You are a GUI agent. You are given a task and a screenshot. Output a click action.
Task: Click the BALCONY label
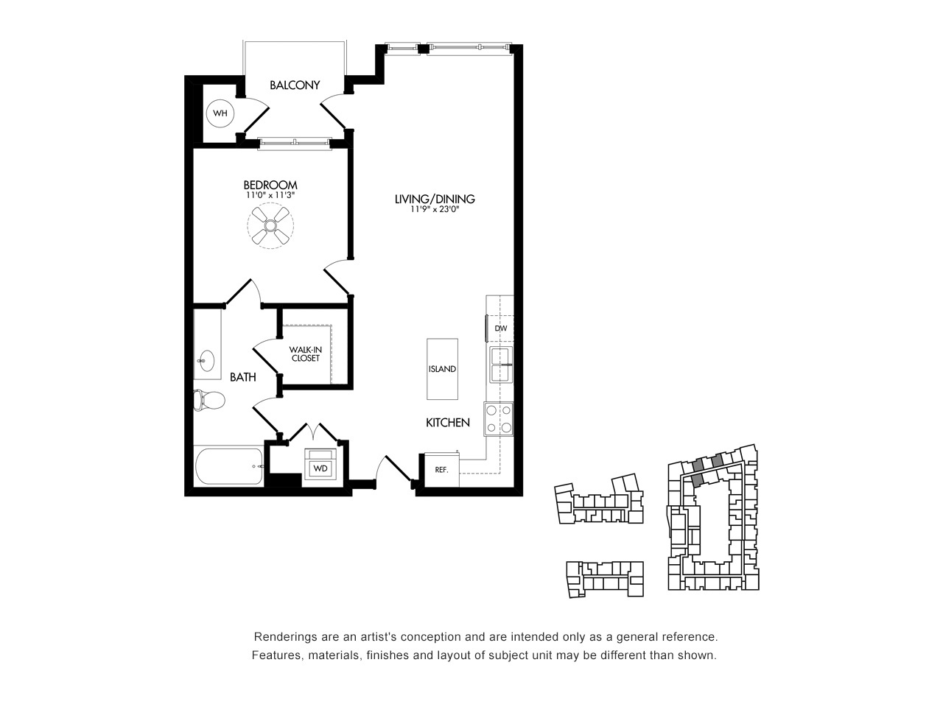(x=295, y=85)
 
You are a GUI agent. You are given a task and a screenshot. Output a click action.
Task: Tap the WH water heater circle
(x=220, y=113)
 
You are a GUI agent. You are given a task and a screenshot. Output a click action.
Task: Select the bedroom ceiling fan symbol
(x=270, y=225)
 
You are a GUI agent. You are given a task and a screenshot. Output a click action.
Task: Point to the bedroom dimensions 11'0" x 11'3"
(x=270, y=195)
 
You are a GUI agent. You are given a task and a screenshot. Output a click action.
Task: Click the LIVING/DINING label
(x=435, y=199)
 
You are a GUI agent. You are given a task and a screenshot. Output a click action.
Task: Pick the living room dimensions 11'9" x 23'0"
(x=435, y=210)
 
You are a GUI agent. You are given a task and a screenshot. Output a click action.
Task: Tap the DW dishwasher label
(x=501, y=328)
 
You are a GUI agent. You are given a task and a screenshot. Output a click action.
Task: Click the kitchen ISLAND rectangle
(x=442, y=369)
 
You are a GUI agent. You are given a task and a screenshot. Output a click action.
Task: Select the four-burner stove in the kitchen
(x=499, y=419)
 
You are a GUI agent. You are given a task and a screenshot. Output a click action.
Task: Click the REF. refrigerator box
(x=441, y=470)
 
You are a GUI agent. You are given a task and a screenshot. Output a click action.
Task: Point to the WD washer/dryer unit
(x=320, y=465)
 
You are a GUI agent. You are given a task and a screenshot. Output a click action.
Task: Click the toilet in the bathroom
(x=209, y=400)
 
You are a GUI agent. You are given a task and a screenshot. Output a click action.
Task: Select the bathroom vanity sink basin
(x=207, y=362)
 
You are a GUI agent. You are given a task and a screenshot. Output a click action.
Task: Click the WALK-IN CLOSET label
(x=306, y=354)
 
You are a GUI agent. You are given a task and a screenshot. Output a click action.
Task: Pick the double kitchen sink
(x=502, y=365)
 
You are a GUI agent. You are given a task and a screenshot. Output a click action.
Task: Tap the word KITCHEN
(x=448, y=423)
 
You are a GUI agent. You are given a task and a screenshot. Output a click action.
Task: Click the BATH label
(x=242, y=377)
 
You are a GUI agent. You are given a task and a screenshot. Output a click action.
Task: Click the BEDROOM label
(x=270, y=185)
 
